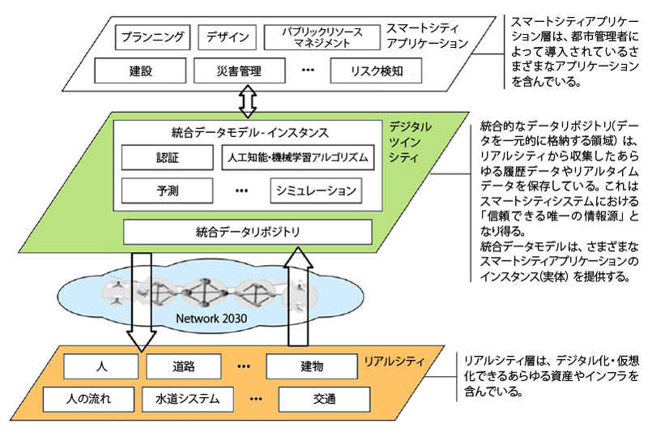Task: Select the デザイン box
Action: click(227, 37)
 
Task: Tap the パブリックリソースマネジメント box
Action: click(322, 37)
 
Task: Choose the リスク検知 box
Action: click(377, 71)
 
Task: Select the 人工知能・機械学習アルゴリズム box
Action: click(298, 157)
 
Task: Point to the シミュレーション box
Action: click(315, 190)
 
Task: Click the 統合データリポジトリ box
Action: click(248, 232)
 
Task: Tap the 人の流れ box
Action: click(89, 399)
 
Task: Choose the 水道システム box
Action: click(188, 399)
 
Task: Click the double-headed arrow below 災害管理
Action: click(247, 101)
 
